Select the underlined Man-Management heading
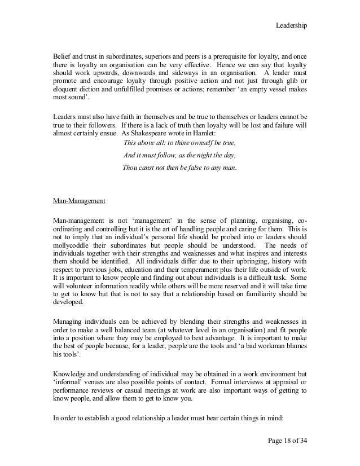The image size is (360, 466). tap(76, 201)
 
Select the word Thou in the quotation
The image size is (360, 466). tap(131, 168)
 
